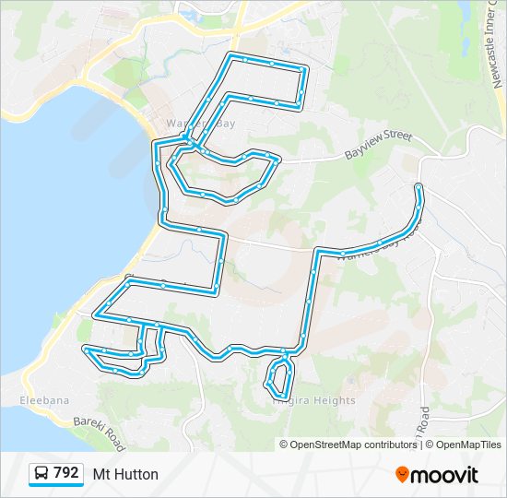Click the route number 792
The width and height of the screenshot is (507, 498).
point(65,473)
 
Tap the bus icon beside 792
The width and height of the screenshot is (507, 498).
point(41,474)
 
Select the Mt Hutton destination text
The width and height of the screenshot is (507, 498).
point(125,474)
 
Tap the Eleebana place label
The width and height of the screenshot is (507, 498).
point(44,400)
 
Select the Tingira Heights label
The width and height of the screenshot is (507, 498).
point(314,400)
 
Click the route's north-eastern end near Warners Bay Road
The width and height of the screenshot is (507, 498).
point(419,188)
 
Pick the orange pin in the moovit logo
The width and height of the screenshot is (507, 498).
point(402,475)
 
